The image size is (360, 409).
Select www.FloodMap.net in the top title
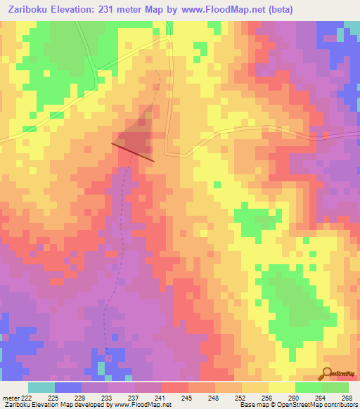226,9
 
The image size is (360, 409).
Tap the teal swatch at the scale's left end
41,387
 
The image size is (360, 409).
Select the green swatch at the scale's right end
335,387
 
